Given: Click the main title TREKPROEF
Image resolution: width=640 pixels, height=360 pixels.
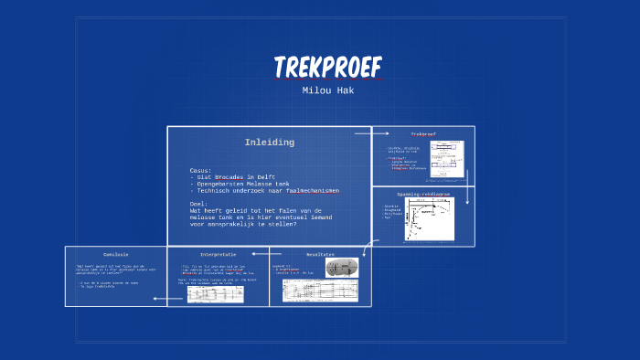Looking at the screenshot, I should [327, 67].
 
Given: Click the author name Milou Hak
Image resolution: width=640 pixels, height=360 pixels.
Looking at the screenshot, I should [327, 90].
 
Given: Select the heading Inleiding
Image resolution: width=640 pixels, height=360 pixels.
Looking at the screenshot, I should [269, 143].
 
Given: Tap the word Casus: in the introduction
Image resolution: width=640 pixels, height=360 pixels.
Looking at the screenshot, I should [201, 170].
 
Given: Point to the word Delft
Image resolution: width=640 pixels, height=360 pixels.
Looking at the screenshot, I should [265, 177].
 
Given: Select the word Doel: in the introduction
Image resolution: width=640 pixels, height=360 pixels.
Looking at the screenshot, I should [199, 203].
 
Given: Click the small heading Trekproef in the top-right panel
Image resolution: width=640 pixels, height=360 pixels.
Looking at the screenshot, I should [423, 135].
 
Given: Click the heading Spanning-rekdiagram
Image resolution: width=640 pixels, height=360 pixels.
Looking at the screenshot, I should [422, 195].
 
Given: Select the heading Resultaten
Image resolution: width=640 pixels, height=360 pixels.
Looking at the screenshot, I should [320, 254].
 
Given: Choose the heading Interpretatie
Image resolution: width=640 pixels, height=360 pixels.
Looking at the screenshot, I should [218, 254].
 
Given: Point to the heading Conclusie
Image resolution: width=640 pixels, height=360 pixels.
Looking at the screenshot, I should [115, 254].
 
